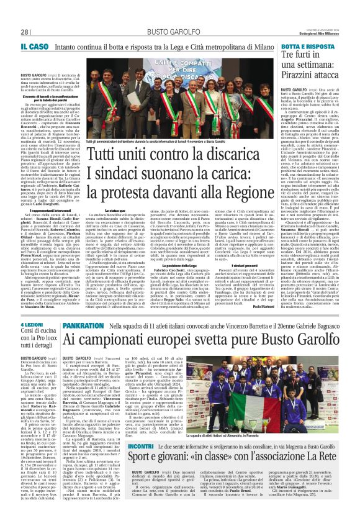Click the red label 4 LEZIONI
point(32,325)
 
